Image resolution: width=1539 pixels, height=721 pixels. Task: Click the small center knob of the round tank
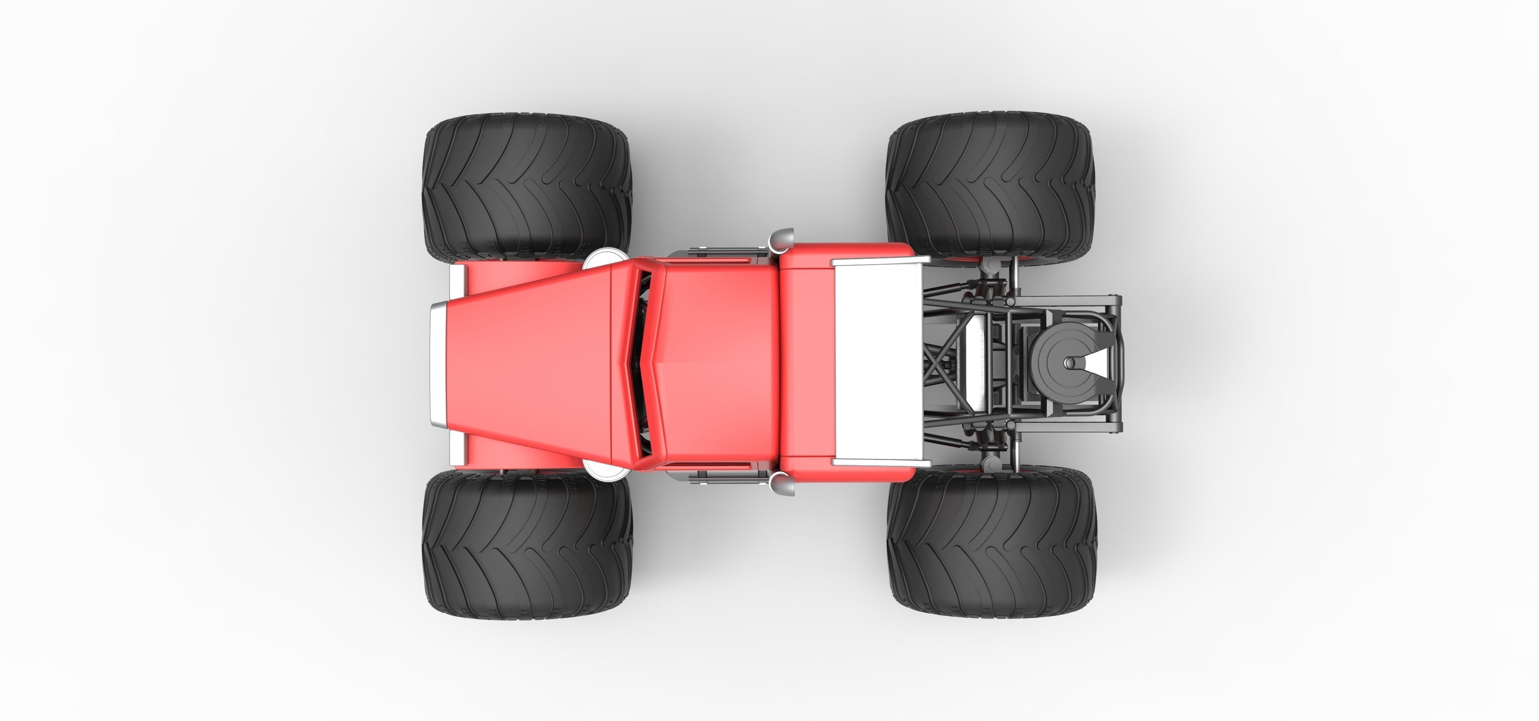(1070, 362)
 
